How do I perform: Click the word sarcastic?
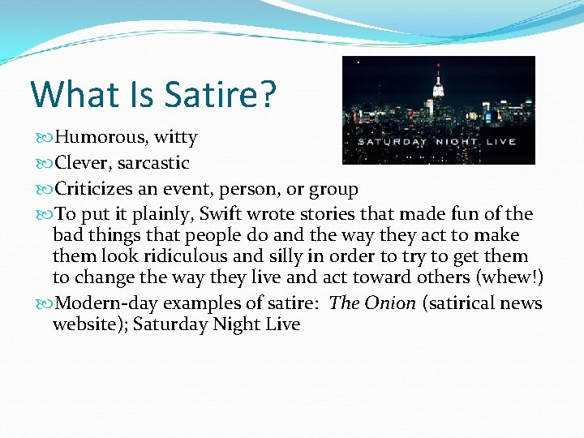[x=153, y=163]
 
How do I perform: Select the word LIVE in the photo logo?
[x=500, y=142]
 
